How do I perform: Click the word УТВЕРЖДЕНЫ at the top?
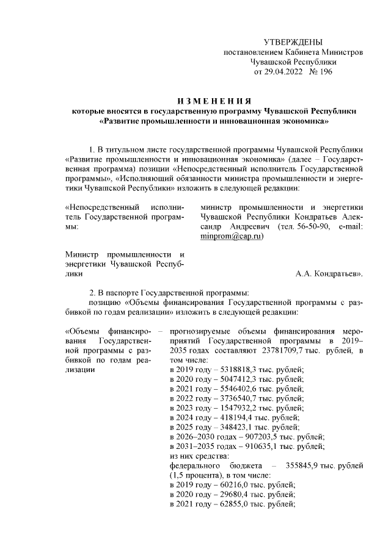tap(292, 41)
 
